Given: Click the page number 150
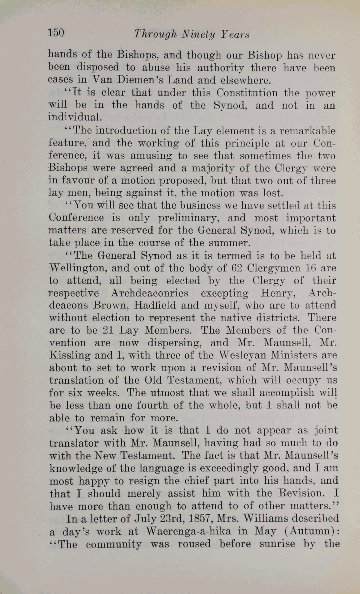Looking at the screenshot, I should click(x=56, y=33).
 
